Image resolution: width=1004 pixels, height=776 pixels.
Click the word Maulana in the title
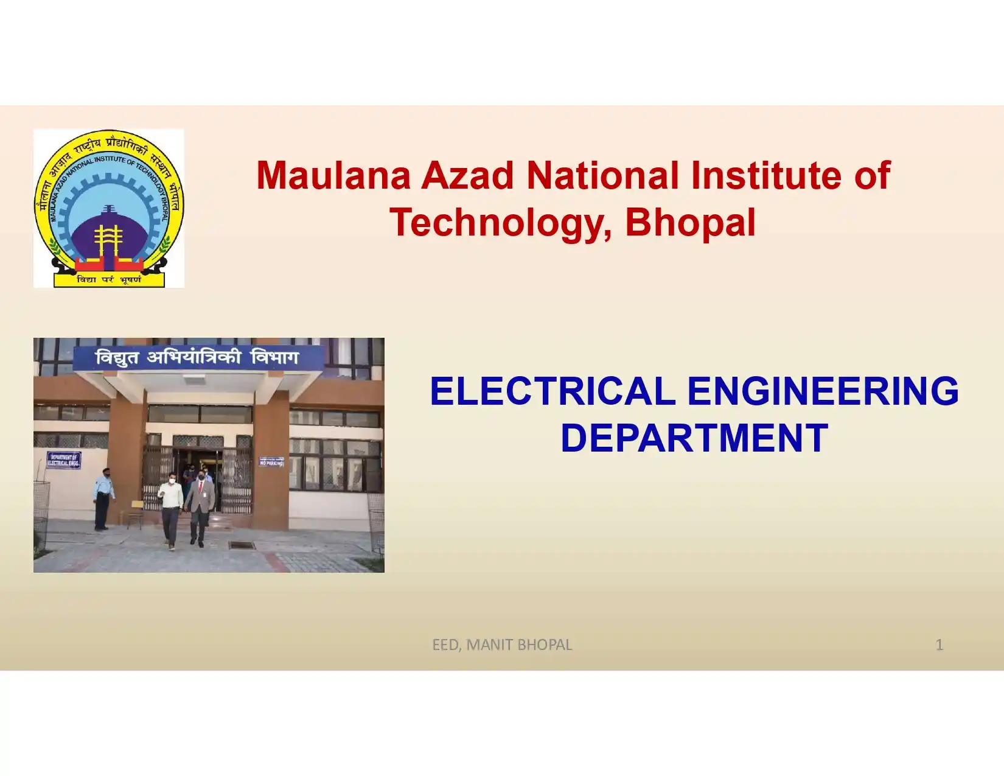click(333, 176)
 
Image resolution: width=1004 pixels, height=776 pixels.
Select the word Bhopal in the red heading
click(690, 222)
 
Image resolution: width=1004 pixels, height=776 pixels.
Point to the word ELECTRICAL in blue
click(553, 391)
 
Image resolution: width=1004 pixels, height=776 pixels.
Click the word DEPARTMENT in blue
click(694, 438)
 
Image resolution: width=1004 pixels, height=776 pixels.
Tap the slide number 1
click(939, 645)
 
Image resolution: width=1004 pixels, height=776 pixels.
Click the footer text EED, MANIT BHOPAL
click(502, 645)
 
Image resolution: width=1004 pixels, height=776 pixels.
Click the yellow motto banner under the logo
click(109, 279)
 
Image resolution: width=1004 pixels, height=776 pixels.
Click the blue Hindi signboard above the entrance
click(198, 358)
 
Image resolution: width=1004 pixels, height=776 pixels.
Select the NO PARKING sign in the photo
click(271, 462)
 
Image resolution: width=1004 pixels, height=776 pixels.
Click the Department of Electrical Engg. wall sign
click(64, 460)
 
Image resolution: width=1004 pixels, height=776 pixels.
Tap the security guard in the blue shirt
click(103, 499)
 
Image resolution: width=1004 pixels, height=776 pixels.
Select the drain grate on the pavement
click(242, 545)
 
